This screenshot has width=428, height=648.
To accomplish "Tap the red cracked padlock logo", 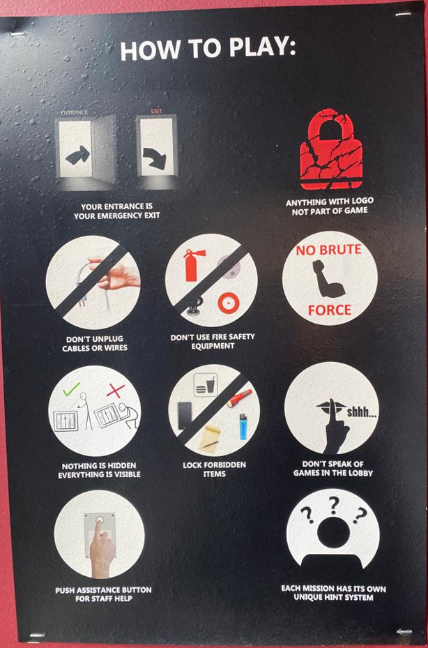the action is coord(331,149).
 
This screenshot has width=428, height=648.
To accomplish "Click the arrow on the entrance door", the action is coord(77,156).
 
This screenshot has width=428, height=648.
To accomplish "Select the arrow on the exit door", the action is coord(155,157).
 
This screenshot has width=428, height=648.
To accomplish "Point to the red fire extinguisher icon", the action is coord(192,264).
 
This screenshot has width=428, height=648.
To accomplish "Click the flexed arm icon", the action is coord(327,279).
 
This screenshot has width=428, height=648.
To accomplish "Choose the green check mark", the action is coord(72,389).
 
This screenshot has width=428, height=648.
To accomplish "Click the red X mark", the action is coord(116,391).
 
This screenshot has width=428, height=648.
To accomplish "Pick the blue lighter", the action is coord(243,426).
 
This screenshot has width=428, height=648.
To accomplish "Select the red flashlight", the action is coord(239,398).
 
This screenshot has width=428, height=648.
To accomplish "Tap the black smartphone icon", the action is coord(185,414).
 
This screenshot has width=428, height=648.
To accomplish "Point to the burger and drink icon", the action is coord(206,385).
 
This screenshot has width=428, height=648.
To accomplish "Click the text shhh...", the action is coord(361,412).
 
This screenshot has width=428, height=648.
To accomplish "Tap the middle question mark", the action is coord(334,505).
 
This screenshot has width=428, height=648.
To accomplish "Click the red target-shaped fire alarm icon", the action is coord(229,303).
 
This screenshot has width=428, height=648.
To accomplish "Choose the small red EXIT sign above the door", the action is coord(157,111).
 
